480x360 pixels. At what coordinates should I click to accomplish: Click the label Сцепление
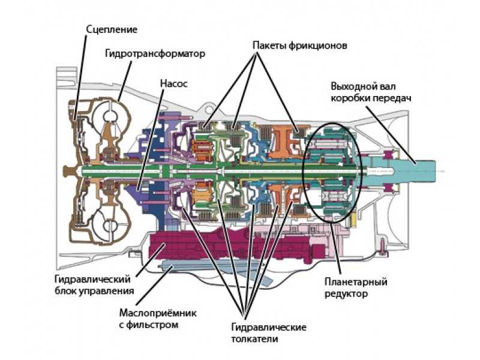pos(112,29)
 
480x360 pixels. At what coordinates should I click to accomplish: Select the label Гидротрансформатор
pos(155,54)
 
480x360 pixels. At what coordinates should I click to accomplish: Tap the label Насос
pos(173,83)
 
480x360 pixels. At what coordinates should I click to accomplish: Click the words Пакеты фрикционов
pos(299,46)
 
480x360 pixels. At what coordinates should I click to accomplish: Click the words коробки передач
pos(371,98)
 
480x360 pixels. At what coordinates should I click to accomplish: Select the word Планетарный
pos(356,282)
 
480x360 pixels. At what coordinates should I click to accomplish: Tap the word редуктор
pos(346,294)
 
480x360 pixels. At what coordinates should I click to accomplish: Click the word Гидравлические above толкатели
pos(268,327)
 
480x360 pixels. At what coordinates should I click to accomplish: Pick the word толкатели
pos(254,339)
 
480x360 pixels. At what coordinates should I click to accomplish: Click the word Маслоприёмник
pos(158,313)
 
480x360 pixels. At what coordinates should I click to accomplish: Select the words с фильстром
pos(148,325)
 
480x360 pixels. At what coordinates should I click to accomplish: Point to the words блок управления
pos(94,291)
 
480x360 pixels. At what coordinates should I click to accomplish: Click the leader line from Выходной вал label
pos(391,134)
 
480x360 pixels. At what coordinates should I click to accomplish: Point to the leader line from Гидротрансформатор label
pos(125,81)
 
